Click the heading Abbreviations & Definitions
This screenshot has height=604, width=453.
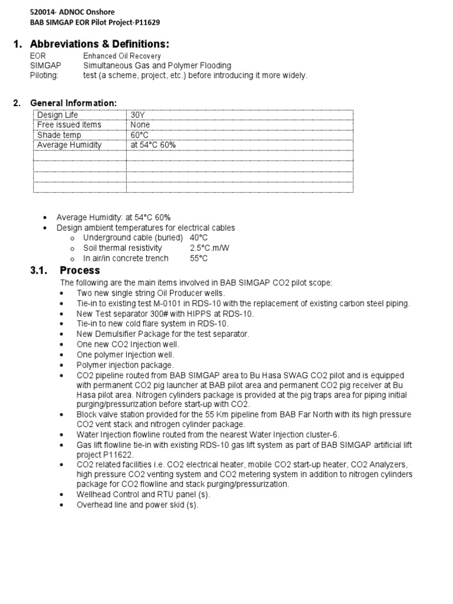coord(99,44)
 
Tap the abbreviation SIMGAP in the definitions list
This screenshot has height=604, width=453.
coord(45,65)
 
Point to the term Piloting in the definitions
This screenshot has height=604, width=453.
coord(44,75)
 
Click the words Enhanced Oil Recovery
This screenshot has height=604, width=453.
coord(122,56)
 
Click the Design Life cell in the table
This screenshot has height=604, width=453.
coord(57,115)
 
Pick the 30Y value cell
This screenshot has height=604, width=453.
coord(138,115)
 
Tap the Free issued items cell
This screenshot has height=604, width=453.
coord(69,125)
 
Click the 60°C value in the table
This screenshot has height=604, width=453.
coord(140,135)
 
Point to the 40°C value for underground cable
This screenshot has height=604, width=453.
coord(199,237)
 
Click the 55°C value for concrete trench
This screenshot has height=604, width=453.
coord(199,258)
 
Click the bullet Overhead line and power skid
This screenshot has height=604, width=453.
coord(137,505)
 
